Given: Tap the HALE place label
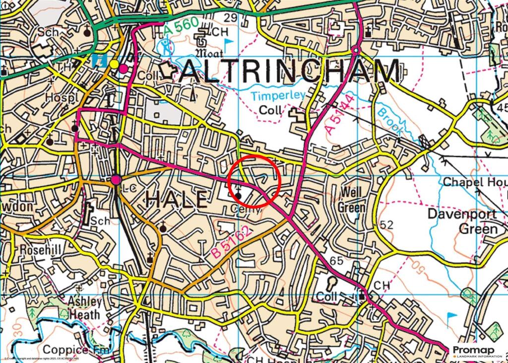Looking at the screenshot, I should [x=177, y=199].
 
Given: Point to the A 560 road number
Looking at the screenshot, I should [x=181, y=28].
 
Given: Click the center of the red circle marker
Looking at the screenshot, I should [x=255, y=180].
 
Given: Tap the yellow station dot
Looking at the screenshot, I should [x=114, y=64].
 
